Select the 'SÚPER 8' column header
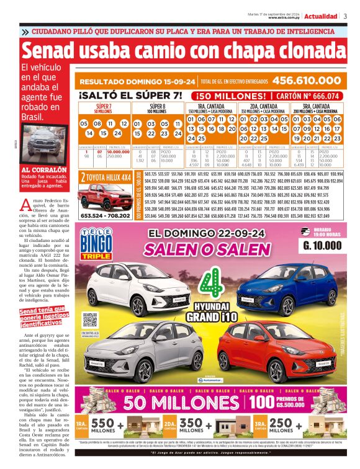coord(158,107)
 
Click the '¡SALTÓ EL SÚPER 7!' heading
coord(131,96)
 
